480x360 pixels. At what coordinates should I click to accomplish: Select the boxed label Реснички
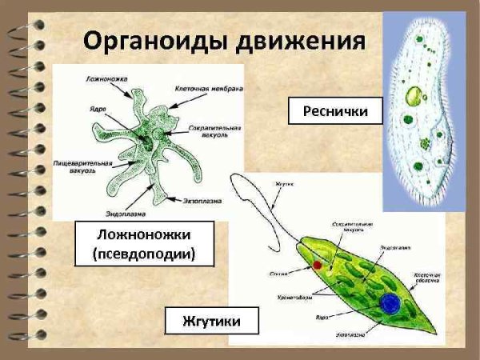[334, 112]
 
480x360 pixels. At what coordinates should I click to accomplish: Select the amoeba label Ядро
[94, 106]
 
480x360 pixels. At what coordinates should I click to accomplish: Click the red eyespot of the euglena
[318, 264]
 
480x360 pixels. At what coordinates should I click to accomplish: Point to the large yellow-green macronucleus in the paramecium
[414, 98]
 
